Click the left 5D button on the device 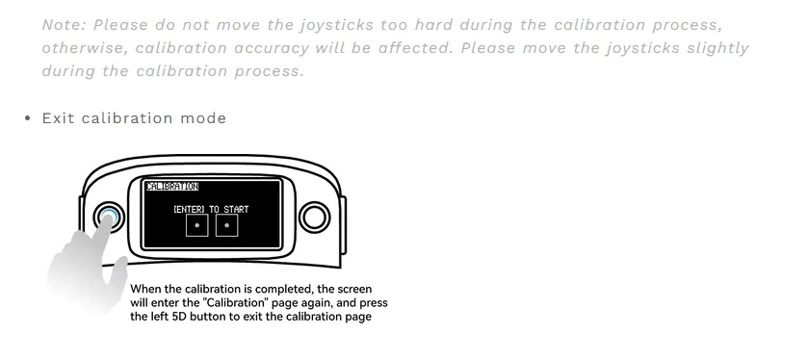(107, 216)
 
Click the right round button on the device (314, 216)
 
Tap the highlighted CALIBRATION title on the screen (171, 187)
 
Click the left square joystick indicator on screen (196, 225)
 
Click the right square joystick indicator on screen (226, 225)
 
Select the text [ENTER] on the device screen (190, 208)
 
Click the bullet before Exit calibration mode (27, 118)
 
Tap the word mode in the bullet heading (203, 118)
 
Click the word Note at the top (61, 24)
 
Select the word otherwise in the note (84, 48)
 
